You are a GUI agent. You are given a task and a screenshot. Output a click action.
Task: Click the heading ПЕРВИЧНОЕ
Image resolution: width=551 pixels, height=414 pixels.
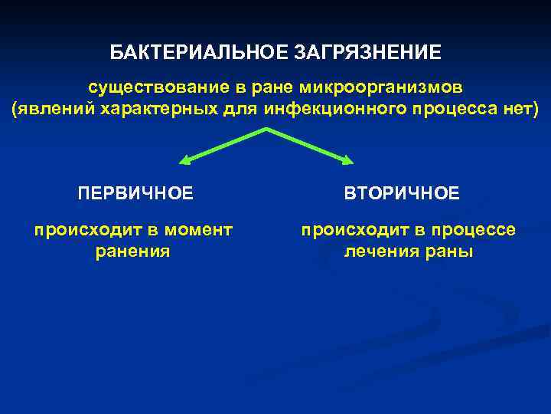(136, 192)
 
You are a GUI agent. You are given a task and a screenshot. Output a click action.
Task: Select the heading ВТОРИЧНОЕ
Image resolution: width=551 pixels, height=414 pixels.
(402, 192)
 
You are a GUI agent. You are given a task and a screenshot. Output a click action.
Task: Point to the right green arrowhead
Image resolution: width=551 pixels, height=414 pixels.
(349, 161)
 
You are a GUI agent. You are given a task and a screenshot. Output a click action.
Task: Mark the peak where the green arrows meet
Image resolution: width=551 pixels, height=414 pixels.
(266, 130)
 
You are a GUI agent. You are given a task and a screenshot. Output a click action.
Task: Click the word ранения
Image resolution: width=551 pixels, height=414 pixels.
(132, 251)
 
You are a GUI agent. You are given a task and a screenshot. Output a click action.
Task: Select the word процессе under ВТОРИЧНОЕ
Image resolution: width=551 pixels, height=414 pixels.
(477, 229)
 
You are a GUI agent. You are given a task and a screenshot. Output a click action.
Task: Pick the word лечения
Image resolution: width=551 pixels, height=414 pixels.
(378, 251)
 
